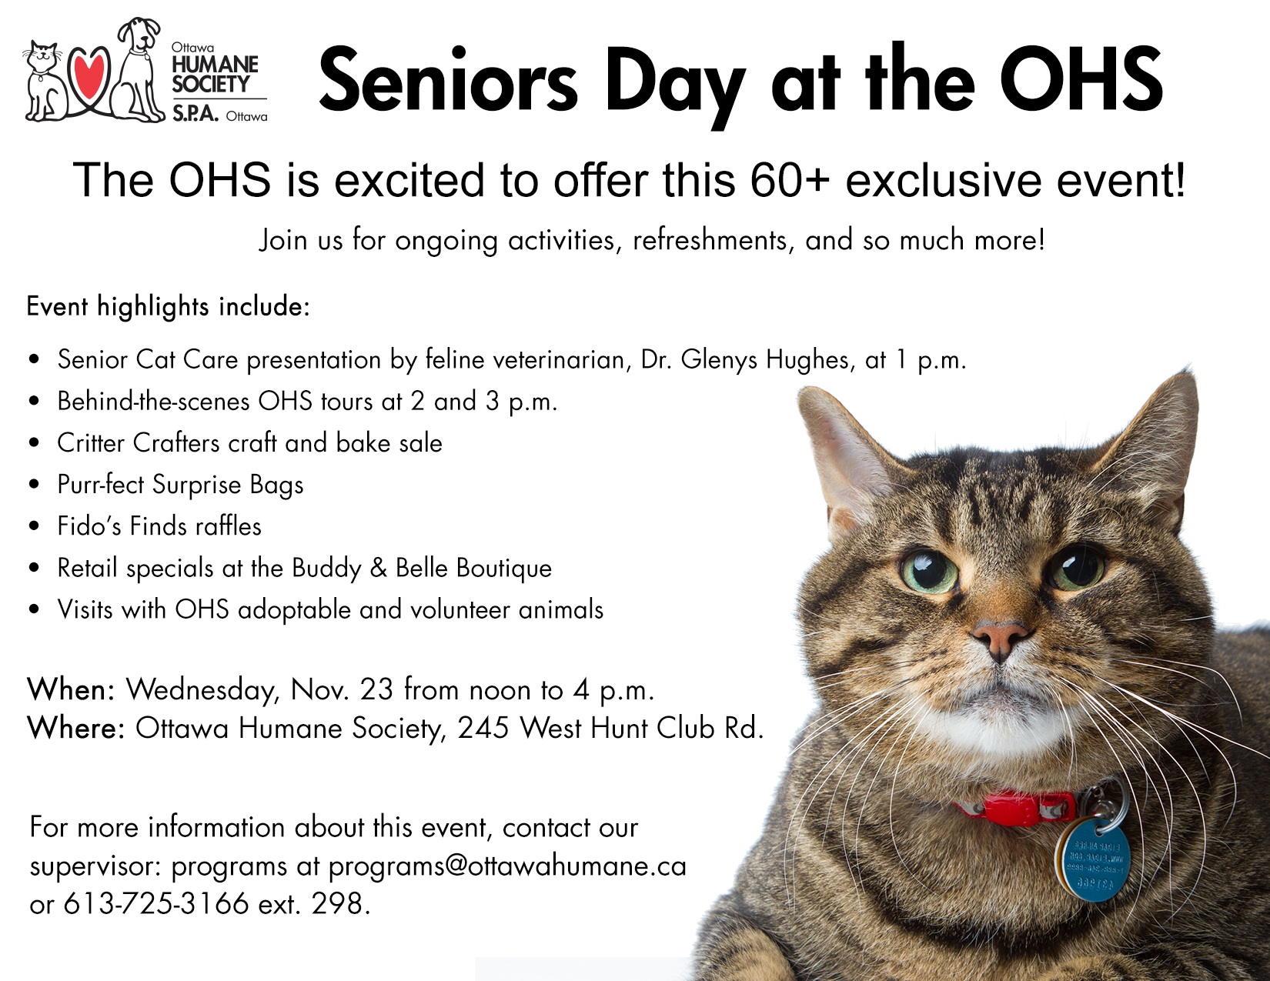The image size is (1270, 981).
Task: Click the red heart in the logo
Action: [x=89, y=74]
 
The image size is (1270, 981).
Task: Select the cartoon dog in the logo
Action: [x=138, y=70]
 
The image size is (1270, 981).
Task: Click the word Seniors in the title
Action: [x=448, y=80]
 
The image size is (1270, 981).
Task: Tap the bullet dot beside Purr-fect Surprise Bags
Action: [x=35, y=485]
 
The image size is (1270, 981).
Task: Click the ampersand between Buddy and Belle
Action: [x=379, y=568]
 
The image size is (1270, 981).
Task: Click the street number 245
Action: [x=483, y=728]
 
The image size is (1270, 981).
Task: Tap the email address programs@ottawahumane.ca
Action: [x=507, y=866]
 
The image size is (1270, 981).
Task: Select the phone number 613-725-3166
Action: [x=156, y=904]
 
